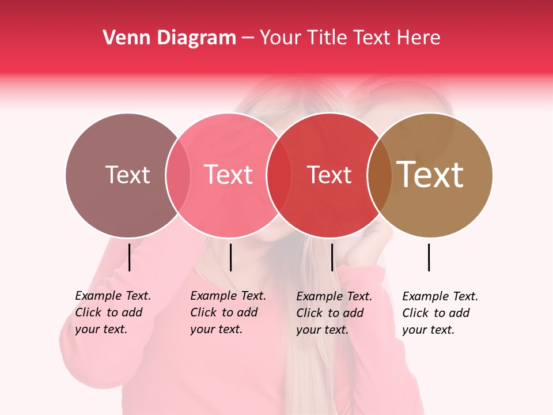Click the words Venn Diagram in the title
coord(169,38)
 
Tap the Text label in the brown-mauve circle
coord(127,175)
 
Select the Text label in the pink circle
coord(228,175)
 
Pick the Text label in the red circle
coord(329,175)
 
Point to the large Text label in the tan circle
coord(430,175)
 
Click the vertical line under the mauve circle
coord(129,257)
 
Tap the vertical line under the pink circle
coord(230,257)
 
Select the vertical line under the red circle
coord(332,257)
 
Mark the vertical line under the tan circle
coord(429,257)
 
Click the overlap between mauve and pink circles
coord(178,175)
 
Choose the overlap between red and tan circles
coord(380,175)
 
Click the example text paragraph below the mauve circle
coord(112,312)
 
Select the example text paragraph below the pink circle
coord(228,312)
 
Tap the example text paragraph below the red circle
coord(334,313)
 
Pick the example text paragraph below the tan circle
coord(440,313)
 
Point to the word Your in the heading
coord(281,38)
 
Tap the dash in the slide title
coord(248,39)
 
